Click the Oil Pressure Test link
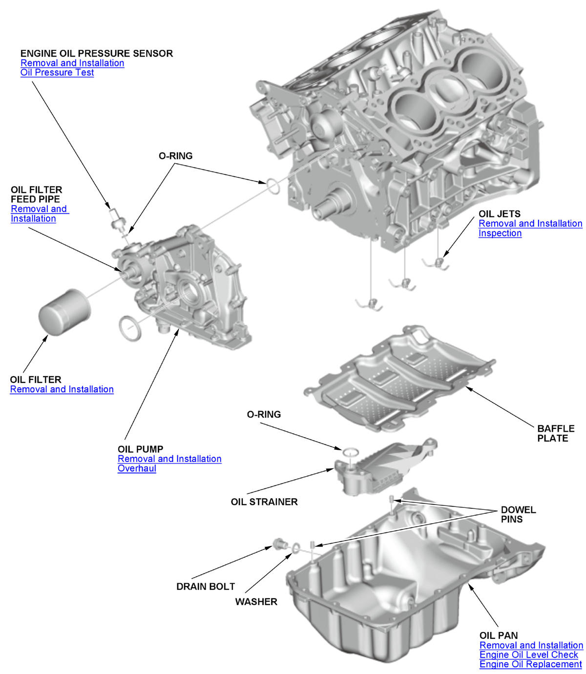click(x=57, y=73)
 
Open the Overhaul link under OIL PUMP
click(x=137, y=468)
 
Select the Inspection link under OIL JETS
click(x=500, y=233)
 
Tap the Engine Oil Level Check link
click(x=528, y=654)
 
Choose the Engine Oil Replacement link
click(x=530, y=664)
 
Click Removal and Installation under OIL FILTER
click(x=62, y=389)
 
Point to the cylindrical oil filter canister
click(x=64, y=313)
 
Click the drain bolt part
click(x=279, y=543)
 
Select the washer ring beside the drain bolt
click(x=296, y=548)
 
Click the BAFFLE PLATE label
click(x=555, y=433)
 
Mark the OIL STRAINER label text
click(x=264, y=502)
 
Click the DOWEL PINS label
click(x=518, y=514)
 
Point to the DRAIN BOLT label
click(x=206, y=587)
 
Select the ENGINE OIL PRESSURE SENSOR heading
click(x=96, y=53)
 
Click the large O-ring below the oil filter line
click(x=130, y=329)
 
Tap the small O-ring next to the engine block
click(x=272, y=186)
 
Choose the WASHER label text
click(x=256, y=602)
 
